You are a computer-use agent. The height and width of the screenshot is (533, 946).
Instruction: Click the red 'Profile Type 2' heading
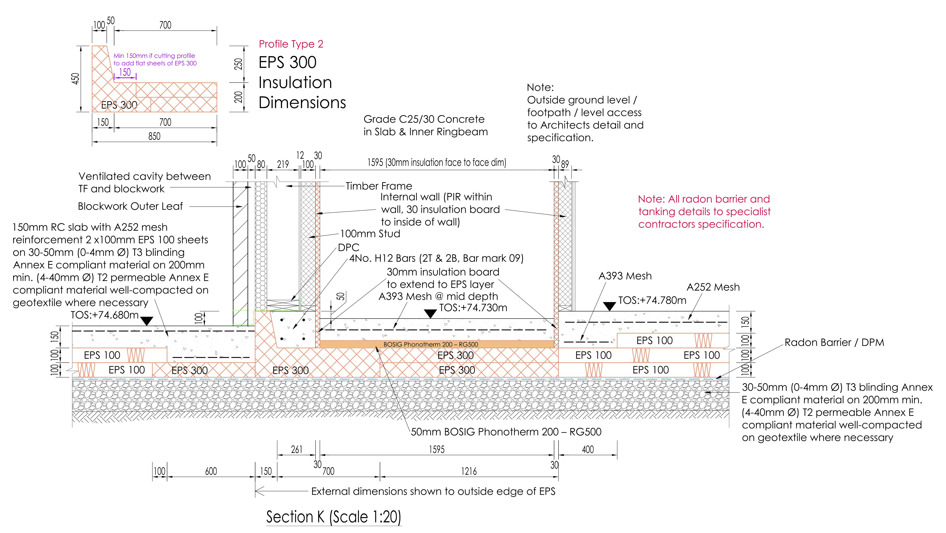(291, 44)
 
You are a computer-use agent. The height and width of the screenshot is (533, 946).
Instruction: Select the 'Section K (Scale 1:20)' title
(333, 517)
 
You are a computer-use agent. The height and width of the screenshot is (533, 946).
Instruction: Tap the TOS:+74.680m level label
(105, 315)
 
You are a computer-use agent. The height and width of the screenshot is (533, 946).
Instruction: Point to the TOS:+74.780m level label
(652, 300)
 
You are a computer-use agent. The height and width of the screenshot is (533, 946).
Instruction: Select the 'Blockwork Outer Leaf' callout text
(130, 206)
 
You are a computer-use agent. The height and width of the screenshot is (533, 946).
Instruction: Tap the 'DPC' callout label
(348, 247)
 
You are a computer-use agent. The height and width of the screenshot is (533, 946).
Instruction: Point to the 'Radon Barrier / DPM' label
(834, 343)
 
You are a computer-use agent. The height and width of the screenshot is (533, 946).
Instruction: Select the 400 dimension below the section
(588, 449)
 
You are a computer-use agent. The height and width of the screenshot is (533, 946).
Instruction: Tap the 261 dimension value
(296, 449)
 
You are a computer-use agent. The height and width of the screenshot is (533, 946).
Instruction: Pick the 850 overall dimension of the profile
(154, 136)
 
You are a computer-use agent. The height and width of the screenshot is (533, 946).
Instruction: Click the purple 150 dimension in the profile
(125, 72)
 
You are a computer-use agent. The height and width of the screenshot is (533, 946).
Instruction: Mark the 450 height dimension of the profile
(75, 79)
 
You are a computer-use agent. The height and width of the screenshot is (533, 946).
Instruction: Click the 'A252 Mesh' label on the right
(713, 287)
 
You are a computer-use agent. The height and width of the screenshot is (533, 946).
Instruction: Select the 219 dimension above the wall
(283, 165)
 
